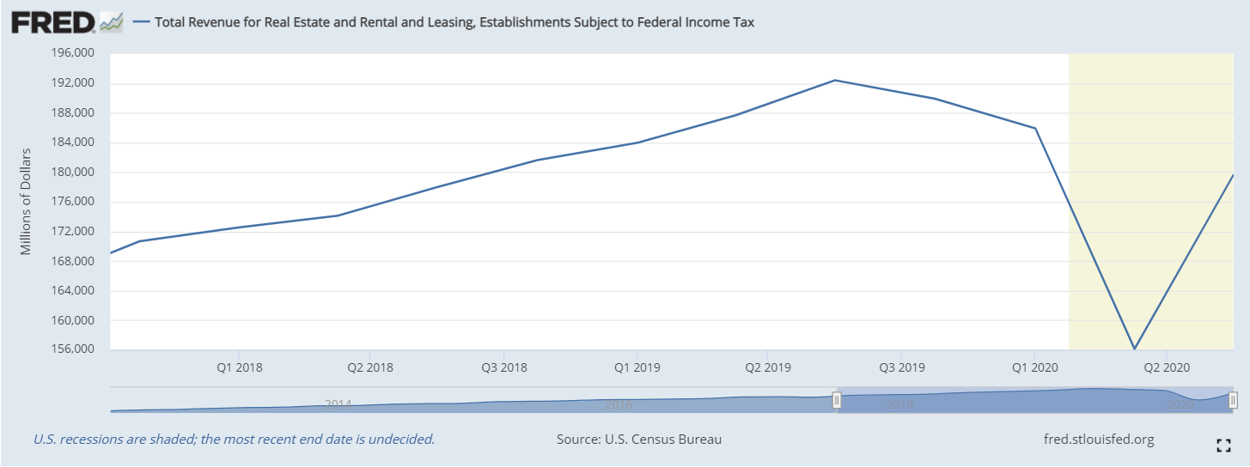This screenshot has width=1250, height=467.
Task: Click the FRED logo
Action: (53, 22)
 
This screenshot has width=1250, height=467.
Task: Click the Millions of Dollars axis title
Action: (26, 202)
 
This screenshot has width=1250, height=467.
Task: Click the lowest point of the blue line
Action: (1135, 349)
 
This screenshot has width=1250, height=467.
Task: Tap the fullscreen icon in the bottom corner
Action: (1223, 445)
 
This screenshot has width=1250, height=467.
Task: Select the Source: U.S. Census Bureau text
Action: (639, 440)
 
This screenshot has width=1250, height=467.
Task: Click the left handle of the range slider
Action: (837, 400)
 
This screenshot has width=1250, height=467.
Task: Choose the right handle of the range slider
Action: (1233, 400)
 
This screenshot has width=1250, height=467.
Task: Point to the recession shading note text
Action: (234, 440)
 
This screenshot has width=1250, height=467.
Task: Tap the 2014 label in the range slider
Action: (338, 403)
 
